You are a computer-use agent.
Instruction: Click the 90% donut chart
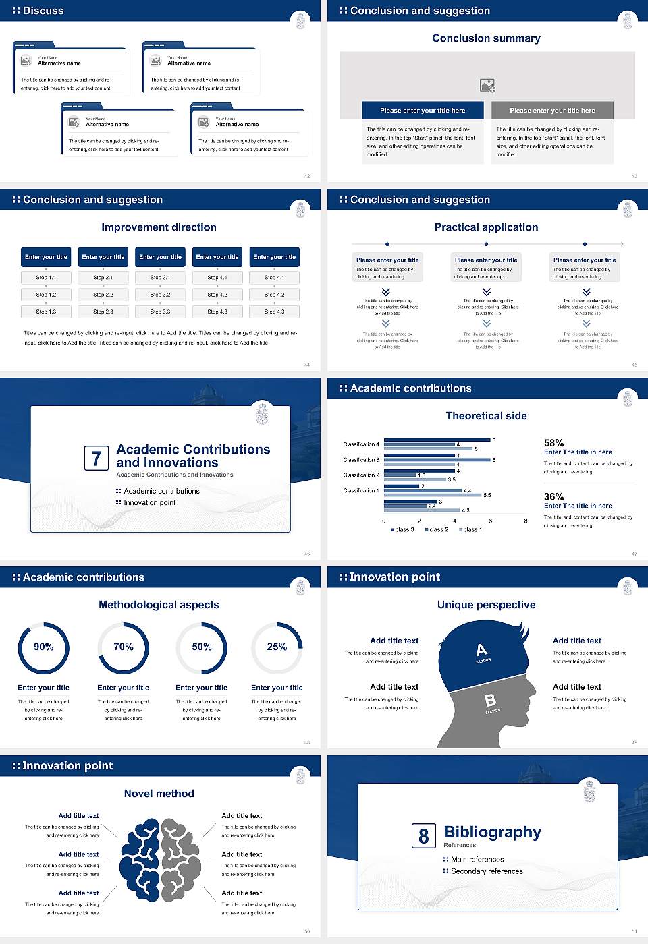coord(44,647)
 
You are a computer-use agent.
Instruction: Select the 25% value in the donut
coord(277,647)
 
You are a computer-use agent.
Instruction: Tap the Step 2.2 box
coord(103,295)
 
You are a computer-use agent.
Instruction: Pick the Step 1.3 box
coord(46,312)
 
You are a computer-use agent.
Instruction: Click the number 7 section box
coord(97,459)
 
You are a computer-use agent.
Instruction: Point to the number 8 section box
coord(423,836)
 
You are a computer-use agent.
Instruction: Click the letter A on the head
coord(481,650)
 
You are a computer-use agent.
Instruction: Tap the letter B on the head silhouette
coord(491,701)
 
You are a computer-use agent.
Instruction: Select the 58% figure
coord(553,443)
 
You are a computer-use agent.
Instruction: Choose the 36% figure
coord(553,496)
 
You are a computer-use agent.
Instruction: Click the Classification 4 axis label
coord(361,444)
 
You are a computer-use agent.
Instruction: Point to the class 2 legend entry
coord(437,530)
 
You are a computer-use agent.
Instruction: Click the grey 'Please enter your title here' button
coord(552,111)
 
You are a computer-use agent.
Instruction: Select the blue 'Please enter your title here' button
coord(423,111)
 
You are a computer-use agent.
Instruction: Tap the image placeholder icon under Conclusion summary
coord(487,85)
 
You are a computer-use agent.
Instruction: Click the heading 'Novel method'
coord(159,794)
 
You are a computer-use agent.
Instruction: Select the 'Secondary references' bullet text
coord(487,871)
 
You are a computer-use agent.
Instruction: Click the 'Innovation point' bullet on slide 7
coord(149,503)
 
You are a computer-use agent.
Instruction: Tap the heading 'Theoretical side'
coord(486,416)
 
